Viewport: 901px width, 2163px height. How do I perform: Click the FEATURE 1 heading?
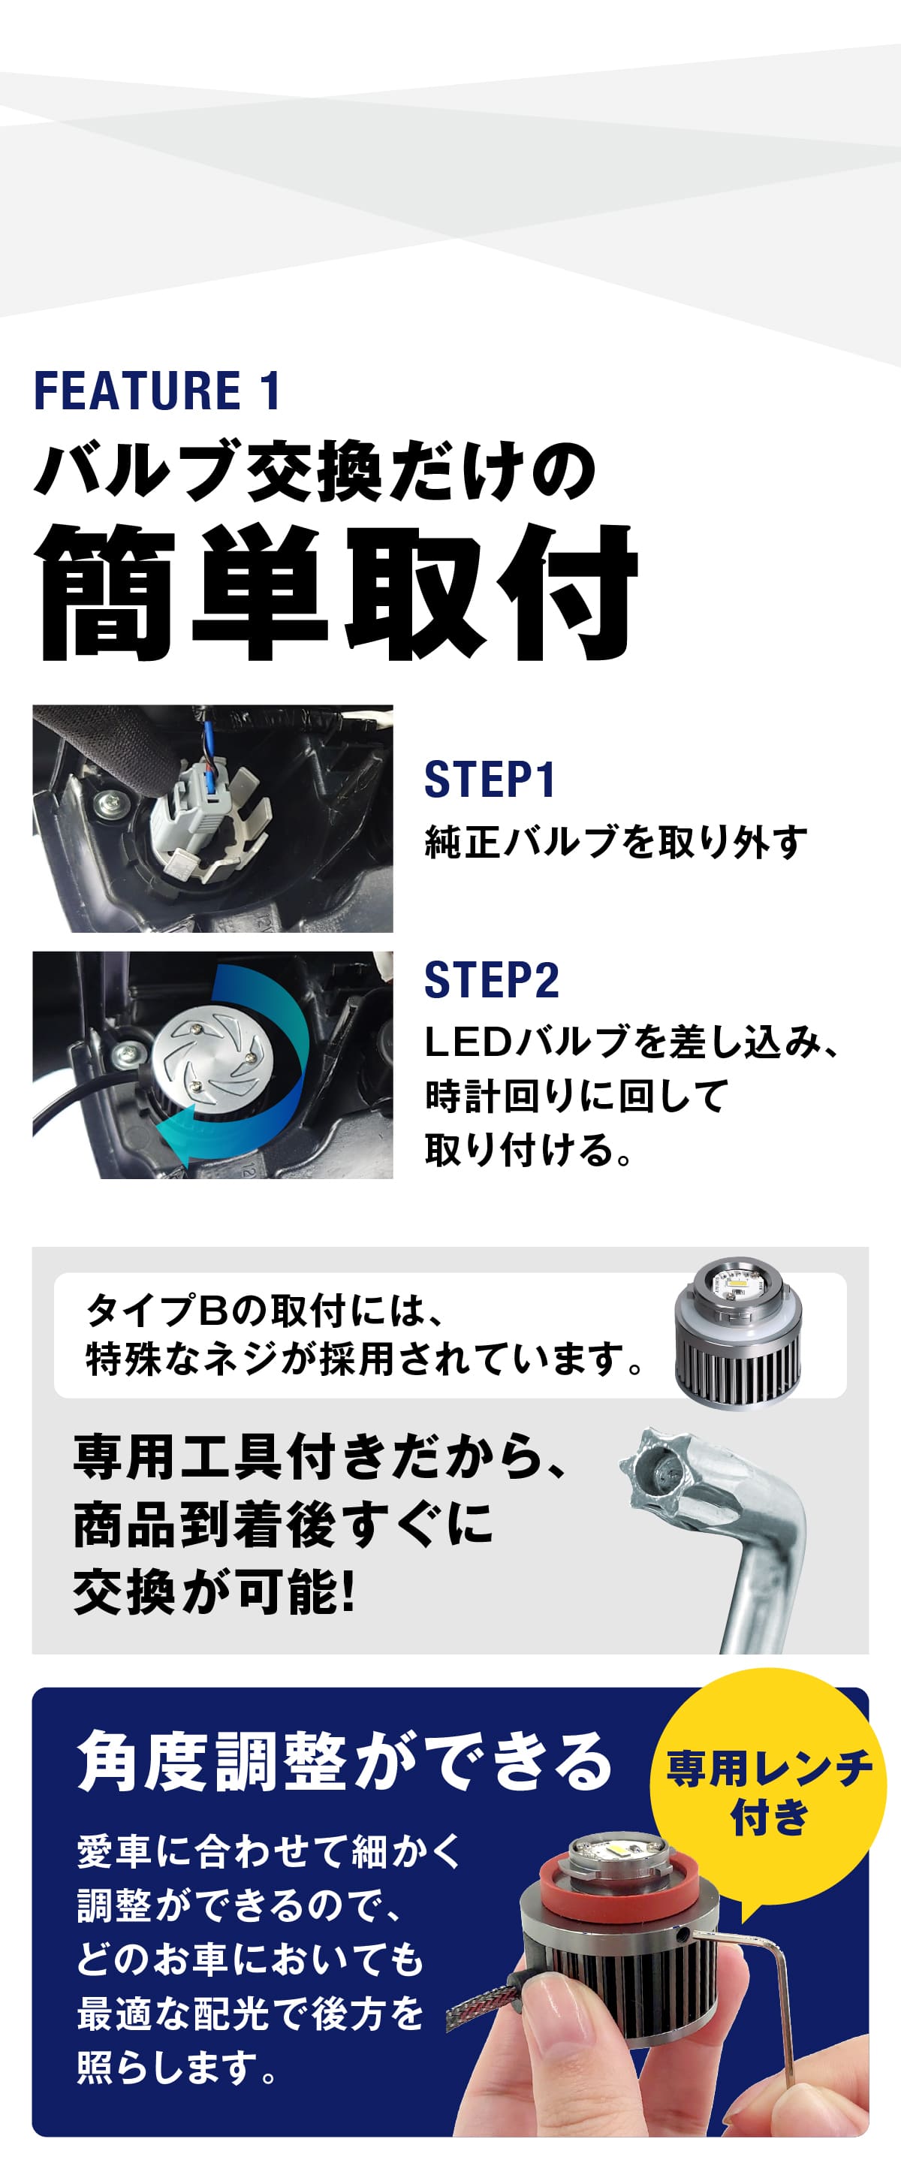(x=157, y=391)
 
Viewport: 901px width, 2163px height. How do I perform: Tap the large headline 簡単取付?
(x=336, y=592)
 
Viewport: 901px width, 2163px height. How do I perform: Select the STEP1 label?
(x=490, y=780)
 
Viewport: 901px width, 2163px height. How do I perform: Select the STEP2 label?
(x=491, y=980)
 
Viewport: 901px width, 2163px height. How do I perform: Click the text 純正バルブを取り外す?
(x=616, y=842)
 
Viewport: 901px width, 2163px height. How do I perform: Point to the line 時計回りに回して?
(x=576, y=1096)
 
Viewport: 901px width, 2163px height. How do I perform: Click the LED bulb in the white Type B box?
(x=737, y=1335)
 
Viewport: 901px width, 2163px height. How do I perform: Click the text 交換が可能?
(x=214, y=1592)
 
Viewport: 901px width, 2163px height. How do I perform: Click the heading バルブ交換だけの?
(x=315, y=471)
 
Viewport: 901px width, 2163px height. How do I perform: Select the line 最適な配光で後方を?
(x=250, y=2014)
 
